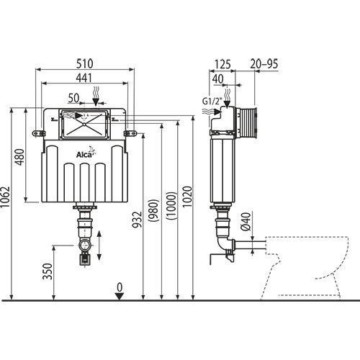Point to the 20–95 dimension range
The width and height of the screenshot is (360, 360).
coord(264,64)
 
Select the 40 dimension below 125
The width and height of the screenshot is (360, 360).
coord(217,78)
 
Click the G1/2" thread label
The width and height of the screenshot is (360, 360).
coord(211,101)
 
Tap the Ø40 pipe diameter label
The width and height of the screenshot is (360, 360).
coord(245,221)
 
